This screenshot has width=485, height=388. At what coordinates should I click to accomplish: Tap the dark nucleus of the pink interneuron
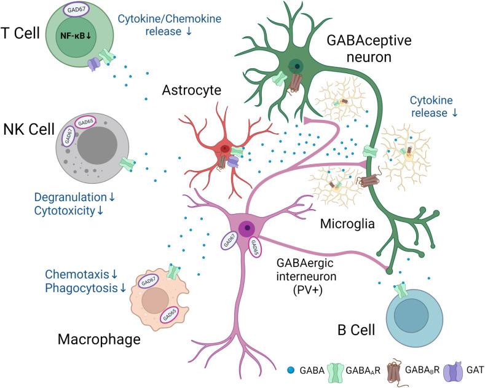[x=248, y=228]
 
